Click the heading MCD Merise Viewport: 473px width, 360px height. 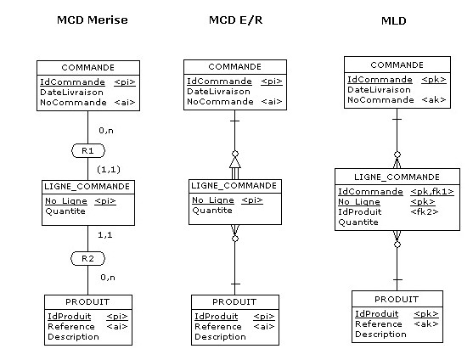click(x=92, y=20)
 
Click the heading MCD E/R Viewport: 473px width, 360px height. click(x=235, y=20)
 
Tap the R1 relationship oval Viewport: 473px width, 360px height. click(x=88, y=150)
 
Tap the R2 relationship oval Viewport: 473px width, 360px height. click(x=88, y=257)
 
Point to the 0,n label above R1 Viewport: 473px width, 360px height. click(x=107, y=131)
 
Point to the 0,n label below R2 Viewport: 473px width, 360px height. click(x=107, y=277)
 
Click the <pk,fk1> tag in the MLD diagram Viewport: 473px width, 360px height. click(x=431, y=192)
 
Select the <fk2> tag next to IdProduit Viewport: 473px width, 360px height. click(x=425, y=212)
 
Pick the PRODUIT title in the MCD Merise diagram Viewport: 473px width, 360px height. click(x=88, y=301)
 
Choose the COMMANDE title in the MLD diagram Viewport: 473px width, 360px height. click(x=397, y=65)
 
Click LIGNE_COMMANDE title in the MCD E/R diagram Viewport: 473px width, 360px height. click(x=235, y=186)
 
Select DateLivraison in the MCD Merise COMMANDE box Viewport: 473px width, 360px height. click(x=71, y=92)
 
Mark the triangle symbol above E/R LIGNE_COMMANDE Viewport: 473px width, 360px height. click(x=235, y=161)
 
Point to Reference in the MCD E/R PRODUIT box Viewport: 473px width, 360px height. click(x=218, y=327)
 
